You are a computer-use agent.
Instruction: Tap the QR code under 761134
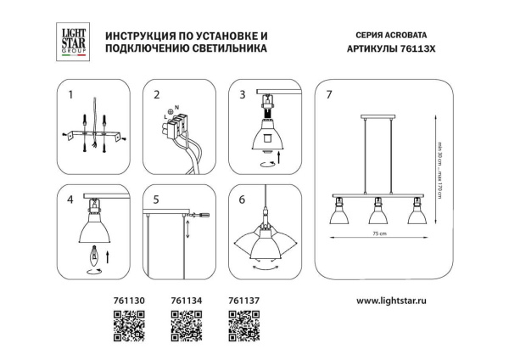(185, 325)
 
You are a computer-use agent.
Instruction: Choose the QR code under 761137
(243, 325)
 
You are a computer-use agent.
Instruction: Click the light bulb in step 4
(95, 253)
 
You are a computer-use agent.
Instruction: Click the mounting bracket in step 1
(95, 135)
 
